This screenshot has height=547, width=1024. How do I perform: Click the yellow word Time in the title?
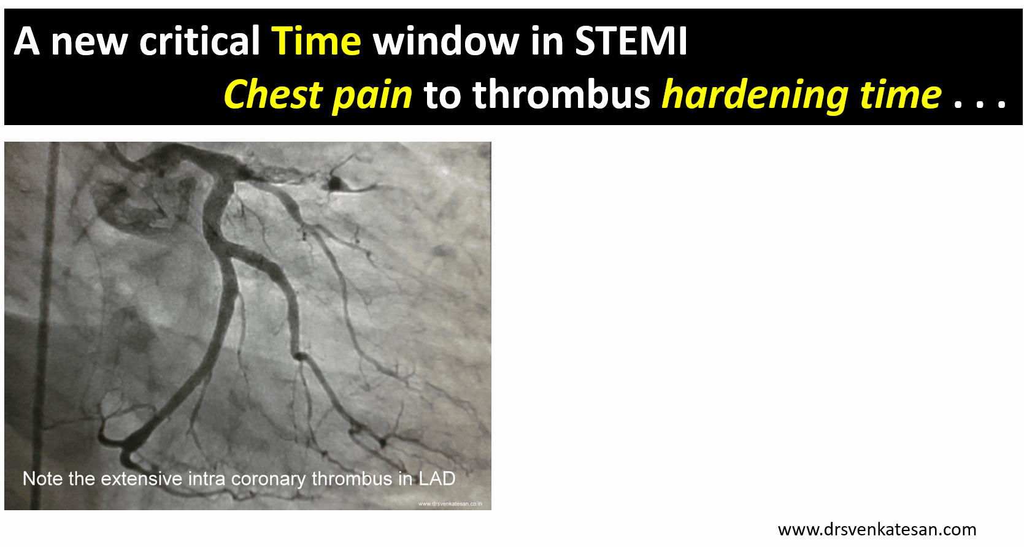316,41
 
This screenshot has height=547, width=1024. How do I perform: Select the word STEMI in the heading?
631,41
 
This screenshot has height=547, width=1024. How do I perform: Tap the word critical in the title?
199,40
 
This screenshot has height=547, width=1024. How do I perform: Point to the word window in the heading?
445,40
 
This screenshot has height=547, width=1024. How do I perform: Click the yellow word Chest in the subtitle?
272,94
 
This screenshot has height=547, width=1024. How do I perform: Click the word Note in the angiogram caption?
42,478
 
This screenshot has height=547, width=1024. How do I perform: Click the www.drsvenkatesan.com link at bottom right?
877,529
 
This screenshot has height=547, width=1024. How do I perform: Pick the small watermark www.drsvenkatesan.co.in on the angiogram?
450,503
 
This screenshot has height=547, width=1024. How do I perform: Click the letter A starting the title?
26,41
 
